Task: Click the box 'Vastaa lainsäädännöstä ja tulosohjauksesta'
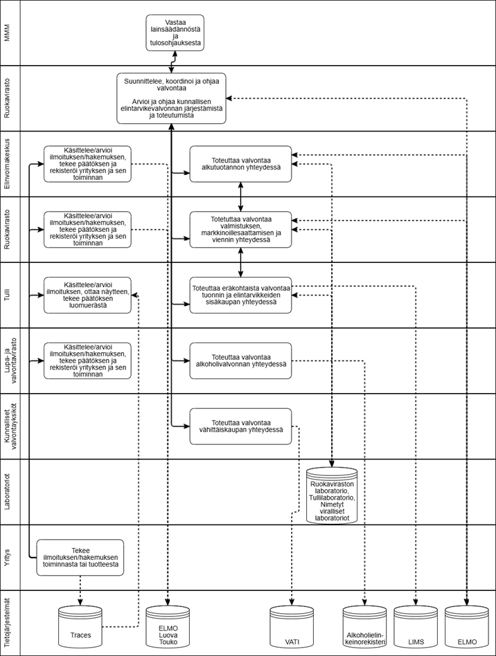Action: (175, 33)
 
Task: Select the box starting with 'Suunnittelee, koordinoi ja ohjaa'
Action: (171, 98)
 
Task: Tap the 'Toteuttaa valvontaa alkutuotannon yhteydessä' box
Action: (240, 164)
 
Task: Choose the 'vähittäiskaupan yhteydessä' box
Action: (240, 426)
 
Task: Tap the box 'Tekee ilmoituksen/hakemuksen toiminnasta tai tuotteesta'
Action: (80, 558)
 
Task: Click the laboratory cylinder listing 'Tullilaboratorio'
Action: (333, 495)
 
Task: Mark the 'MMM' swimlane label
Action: (9, 33)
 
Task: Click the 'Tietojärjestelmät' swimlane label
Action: (9, 623)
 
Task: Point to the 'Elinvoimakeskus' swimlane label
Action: (9, 164)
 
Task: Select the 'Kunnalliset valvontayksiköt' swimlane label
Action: (9, 426)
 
